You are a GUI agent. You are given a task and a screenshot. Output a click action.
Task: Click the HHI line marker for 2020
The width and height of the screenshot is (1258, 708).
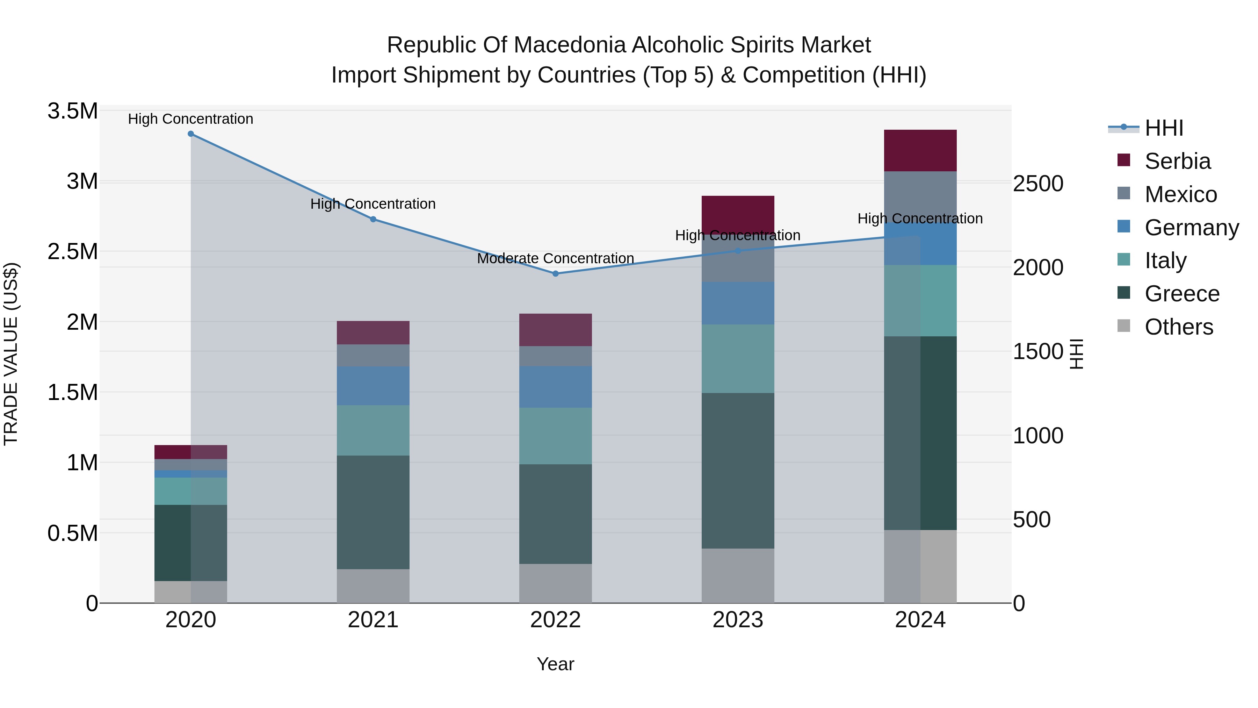pyautogui.click(x=190, y=134)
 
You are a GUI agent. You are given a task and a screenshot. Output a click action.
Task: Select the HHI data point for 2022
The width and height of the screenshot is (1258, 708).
pyautogui.click(x=555, y=274)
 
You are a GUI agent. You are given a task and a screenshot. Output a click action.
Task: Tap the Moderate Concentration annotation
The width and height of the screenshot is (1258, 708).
pyautogui.click(x=555, y=258)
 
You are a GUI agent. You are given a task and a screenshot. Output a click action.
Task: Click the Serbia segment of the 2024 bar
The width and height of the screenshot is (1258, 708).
pyautogui.click(x=920, y=150)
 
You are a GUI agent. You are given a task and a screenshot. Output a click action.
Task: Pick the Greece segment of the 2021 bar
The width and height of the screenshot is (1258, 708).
pyautogui.click(x=373, y=512)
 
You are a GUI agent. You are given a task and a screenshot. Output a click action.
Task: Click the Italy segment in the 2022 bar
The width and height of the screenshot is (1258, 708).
pyautogui.click(x=555, y=436)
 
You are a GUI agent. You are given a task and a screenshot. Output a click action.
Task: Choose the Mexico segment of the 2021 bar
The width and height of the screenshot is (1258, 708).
pyautogui.click(x=373, y=355)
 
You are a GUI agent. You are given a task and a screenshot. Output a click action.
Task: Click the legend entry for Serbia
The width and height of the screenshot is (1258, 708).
pyautogui.click(x=1177, y=161)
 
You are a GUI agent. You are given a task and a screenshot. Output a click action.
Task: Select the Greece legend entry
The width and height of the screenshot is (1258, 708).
pyautogui.click(x=1181, y=294)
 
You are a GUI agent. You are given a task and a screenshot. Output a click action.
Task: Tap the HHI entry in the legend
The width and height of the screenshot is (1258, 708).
pyautogui.click(x=1163, y=128)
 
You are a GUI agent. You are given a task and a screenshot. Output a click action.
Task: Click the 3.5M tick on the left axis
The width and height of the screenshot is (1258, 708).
pyautogui.click(x=73, y=112)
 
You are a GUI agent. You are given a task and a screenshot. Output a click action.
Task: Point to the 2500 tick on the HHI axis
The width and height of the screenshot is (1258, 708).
pyautogui.click(x=1038, y=184)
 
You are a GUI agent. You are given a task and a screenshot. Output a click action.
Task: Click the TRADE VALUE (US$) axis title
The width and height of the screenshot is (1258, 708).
pyautogui.click(x=11, y=354)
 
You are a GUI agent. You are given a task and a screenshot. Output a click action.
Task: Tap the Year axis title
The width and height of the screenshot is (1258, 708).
pyautogui.click(x=555, y=664)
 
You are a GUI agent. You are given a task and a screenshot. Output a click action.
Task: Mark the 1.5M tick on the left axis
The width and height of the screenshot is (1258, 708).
pyautogui.click(x=73, y=392)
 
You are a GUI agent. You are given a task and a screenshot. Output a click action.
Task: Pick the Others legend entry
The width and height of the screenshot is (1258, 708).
pyautogui.click(x=1178, y=327)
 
